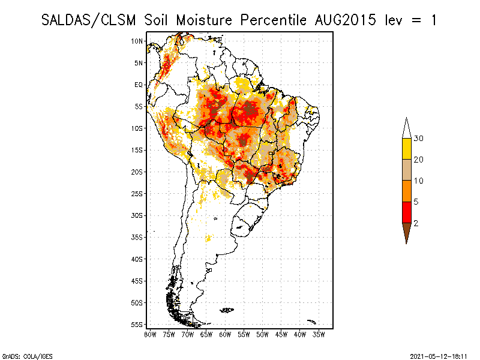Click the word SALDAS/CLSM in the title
click(x=88, y=20)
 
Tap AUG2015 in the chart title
click(x=346, y=20)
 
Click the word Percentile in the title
click(x=273, y=20)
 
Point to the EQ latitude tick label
click(x=139, y=85)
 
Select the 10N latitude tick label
click(x=137, y=41)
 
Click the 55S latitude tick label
click(x=137, y=325)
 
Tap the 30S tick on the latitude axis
click(x=137, y=215)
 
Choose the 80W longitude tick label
click(x=150, y=335)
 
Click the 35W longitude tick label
click(x=319, y=335)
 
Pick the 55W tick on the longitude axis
click(x=244, y=335)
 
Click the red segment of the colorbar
click(x=407, y=212)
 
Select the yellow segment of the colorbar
click(x=407, y=149)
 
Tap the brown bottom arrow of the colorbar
click(x=407, y=232)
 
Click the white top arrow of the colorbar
click(x=407, y=129)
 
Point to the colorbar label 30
click(x=418, y=139)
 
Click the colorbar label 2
click(x=416, y=223)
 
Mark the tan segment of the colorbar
click(x=407, y=170)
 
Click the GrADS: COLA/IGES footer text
click(x=27, y=356)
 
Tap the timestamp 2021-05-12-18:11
click(x=439, y=356)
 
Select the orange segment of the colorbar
click(x=407, y=191)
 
